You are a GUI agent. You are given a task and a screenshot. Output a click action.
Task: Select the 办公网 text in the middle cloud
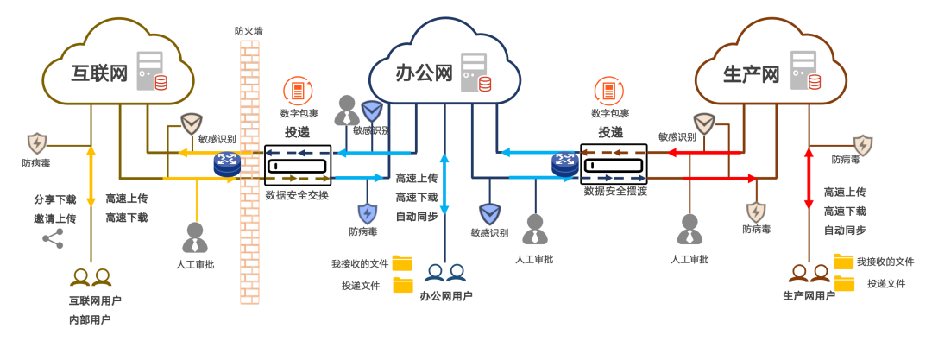pyautogui.click(x=425, y=73)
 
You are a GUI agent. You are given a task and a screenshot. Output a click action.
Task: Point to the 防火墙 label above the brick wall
pyautogui.click(x=249, y=31)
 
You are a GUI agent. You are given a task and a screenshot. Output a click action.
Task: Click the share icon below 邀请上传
pyautogui.click(x=54, y=239)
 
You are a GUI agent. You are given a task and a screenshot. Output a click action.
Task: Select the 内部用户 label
pyautogui.click(x=90, y=319)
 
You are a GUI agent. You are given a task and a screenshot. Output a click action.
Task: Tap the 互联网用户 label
pyautogui.click(x=95, y=300)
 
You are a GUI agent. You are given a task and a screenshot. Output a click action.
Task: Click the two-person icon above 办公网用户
pyautogui.click(x=445, y=274)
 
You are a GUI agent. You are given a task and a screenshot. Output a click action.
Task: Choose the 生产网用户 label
pyautogui.click(x=809, y=296)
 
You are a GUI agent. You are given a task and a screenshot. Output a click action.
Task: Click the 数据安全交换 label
pyautogui.click(x=297, y=195)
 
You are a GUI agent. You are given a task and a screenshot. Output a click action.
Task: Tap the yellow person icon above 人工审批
pyautogui.click(x=195, y=237)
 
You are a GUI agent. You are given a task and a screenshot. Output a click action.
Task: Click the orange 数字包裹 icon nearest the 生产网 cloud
pyautogui.click(x=609, y=92)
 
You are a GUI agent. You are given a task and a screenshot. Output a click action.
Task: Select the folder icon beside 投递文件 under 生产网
pyautogui.click(x=844, y=282)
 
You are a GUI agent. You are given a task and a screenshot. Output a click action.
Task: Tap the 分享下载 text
pyautogui.click(x=54, y=199)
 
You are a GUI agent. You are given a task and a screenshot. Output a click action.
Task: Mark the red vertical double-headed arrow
pyautogui.click(x=809, y=178)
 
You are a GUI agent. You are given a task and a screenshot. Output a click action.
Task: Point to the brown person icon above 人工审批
pyautogui.click(x=689, y=231)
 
